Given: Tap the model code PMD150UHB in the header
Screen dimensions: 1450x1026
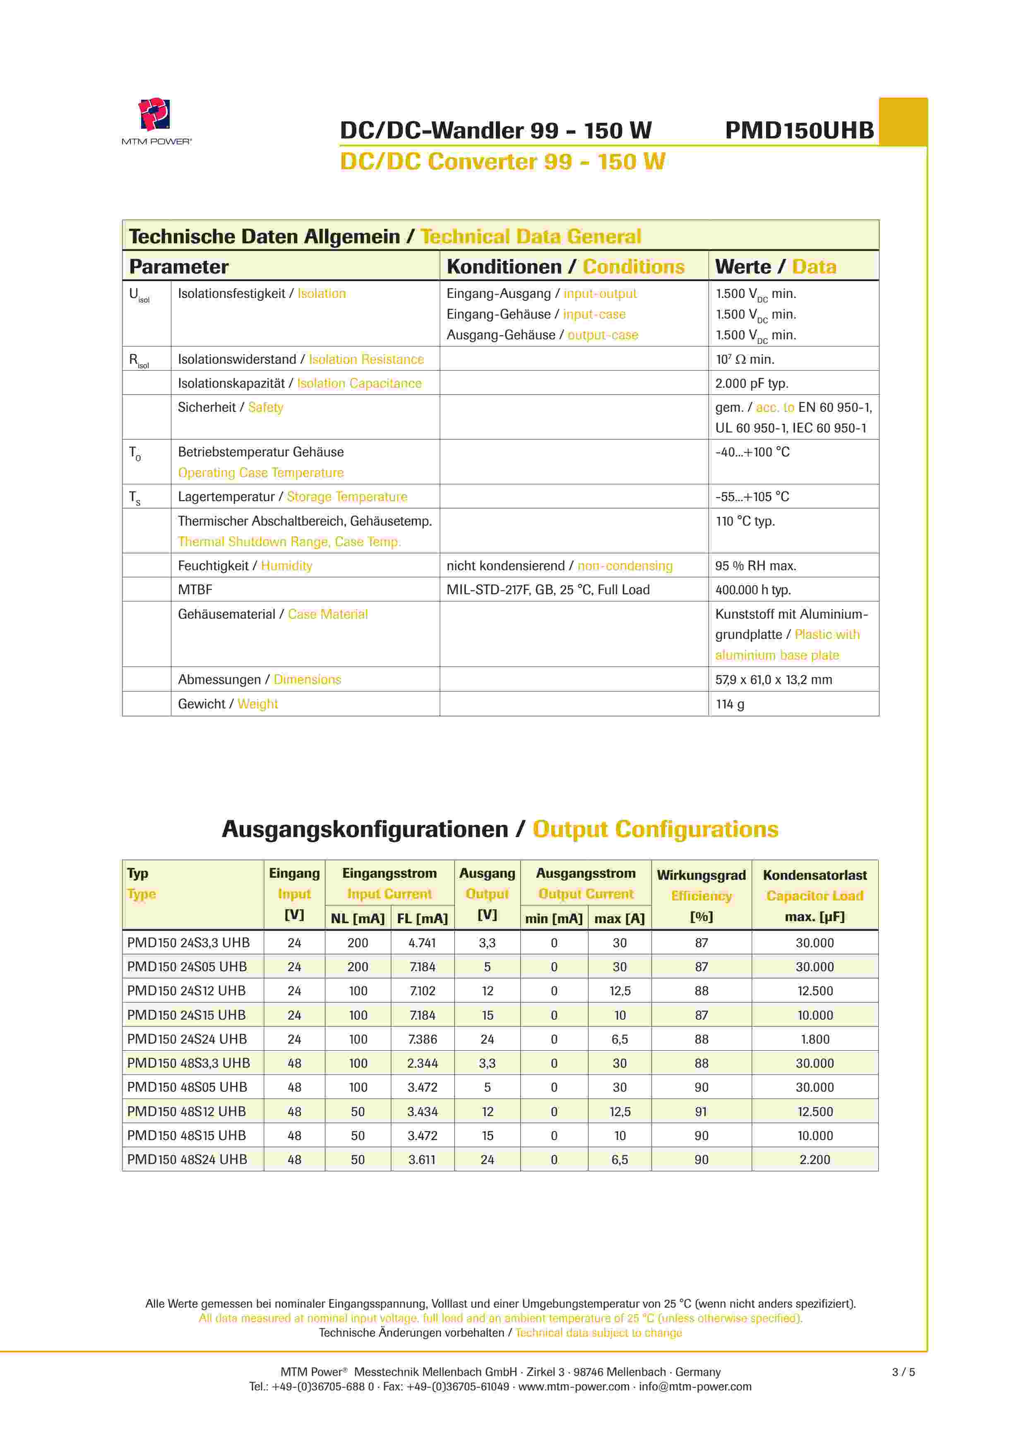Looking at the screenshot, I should (x=799, y=131).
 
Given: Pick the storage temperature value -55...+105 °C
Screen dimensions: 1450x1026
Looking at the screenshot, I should (x=752, y=497).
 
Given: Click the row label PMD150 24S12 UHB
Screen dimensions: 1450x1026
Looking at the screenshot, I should (x=186, y=991).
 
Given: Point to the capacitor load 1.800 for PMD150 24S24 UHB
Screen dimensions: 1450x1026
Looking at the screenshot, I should (x=815, y=1039).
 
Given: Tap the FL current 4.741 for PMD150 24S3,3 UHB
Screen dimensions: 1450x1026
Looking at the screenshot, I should (x=422, y=943).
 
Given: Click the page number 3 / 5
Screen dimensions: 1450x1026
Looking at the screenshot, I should (x=903, y=1372).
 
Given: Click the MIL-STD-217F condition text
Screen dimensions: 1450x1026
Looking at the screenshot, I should (x=548, y=590).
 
